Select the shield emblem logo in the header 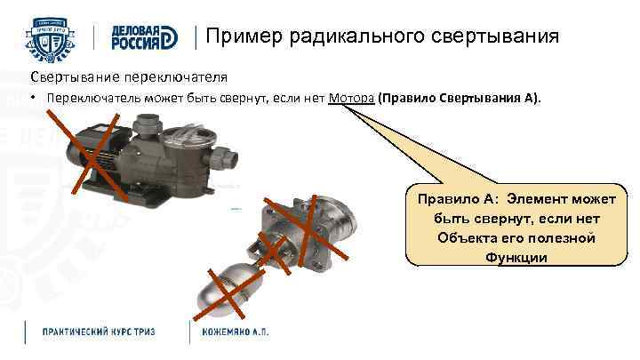[x=54, y=36]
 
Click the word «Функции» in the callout [x=516, y=257]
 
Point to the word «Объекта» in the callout [x=466, y=237]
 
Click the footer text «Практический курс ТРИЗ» [x=99, y=331]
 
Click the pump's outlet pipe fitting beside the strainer [x=227, y=161]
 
